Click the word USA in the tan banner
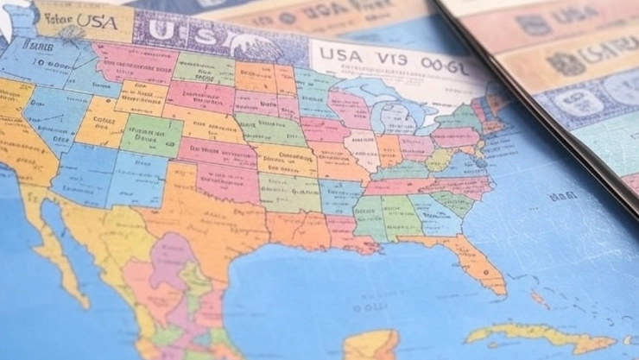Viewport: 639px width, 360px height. pos(96,18)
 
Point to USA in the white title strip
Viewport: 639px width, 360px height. pos(338,54)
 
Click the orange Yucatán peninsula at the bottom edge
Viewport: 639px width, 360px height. pos(370,344)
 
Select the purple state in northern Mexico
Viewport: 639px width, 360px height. pos(173,259)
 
